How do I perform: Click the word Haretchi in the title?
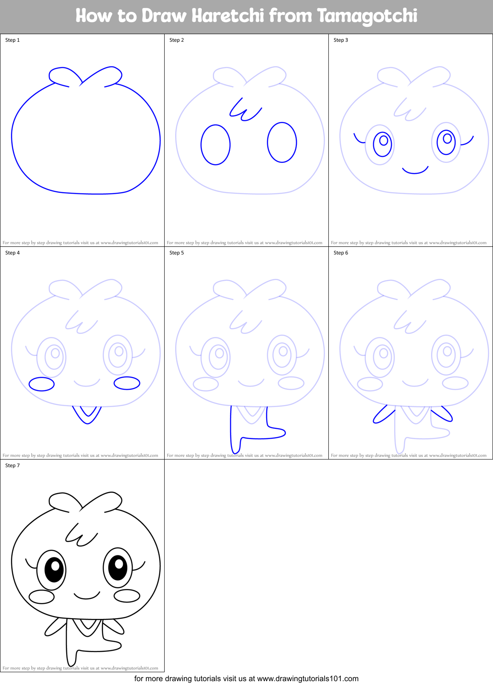(x=228, y=16)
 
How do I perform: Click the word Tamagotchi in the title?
(x=367, y=16)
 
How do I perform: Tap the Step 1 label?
(x=12, y=40)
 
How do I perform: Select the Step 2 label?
(x=177, y=40)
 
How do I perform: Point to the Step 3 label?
(x=341, y=40)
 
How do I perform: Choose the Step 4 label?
(x=12, y=253)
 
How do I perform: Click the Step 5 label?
(x=177, y=253)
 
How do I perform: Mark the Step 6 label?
(x=341, y=253)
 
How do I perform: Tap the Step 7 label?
(x=12, y=465)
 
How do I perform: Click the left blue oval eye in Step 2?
(x=215, y=145)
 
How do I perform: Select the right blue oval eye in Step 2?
(x=282, y=142)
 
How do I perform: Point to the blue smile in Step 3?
(x=415, y=171)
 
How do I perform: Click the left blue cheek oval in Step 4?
(x=41, y=384)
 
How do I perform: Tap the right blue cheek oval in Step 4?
(x=127, y=383)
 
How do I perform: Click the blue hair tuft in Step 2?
(x=244, y=110)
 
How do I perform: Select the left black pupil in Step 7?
(x=54, y=569)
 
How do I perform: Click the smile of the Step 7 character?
(x=87, y=596)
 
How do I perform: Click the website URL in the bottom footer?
(x=307, y=679)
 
